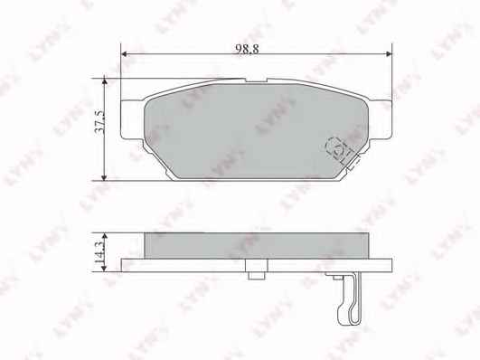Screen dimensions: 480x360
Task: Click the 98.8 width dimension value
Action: pos(247,49)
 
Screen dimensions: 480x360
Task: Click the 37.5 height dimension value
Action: pos(99,122)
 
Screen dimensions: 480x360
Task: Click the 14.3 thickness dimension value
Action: pos(99,252)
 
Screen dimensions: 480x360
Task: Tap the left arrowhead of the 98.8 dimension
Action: pos(124,54)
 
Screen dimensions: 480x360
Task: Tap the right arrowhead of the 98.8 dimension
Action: pos(389,54)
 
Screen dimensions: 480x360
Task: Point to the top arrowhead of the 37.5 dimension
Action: pos(105,81)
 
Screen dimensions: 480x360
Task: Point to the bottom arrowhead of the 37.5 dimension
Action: pos(105,177)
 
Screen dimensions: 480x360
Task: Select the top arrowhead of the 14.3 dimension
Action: pos(105,235)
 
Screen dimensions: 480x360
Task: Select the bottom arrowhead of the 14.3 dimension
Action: pos(105,269)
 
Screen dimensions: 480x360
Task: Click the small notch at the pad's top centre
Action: pos(256,81)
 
